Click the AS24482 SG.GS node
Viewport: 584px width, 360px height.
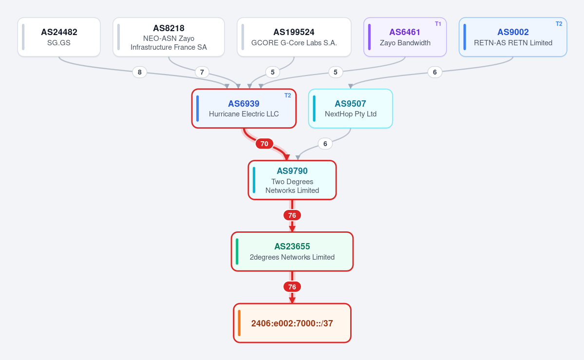pos(59,38)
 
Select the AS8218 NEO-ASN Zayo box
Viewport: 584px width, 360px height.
pos(169,38)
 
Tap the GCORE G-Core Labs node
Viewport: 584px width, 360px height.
pos(294,38)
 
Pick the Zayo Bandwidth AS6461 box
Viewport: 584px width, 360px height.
pos(405,38)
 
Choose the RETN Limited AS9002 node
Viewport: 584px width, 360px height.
pos(513,38)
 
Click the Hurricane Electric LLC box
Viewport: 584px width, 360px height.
pos(244,109)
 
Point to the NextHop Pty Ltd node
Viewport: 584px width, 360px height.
pos(351,109)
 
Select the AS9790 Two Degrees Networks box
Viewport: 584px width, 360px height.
pos(292,180)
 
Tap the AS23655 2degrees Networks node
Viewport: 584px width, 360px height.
pos(292,251)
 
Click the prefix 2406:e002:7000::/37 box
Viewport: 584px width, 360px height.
pos(292,323)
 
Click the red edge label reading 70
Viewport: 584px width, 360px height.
pos(264,144)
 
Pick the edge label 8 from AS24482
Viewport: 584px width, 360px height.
pos(140,72)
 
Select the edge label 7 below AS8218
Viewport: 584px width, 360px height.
pos(202,72)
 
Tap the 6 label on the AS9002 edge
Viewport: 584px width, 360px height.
pos(434,72)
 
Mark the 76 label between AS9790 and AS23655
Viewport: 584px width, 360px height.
pos(292,215)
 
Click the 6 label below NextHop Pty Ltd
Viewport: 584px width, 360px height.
pos(325,144)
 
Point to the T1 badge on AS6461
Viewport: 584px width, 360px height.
pos(438,24)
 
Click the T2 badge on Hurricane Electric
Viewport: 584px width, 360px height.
pos(287,95)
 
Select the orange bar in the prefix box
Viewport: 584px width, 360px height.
pos(239,323)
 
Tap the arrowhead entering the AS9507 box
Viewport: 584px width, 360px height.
pos(351,86)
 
